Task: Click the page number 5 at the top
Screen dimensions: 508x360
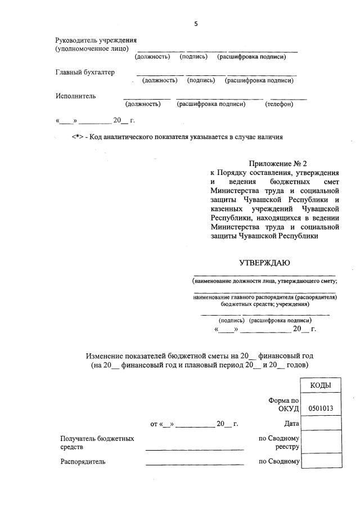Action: tap(196, 24)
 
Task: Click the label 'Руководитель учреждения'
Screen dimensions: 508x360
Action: tap(96, 41)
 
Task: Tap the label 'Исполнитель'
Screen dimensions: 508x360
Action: tap(75, 96)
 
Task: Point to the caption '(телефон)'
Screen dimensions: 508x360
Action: tap(279, 104)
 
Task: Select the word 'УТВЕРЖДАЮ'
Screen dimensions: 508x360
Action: tap(264, 263)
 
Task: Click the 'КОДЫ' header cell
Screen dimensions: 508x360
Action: tap(321, 385)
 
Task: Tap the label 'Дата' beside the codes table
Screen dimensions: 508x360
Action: tap(291, 424)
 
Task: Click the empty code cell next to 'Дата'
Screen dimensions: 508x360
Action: tap(321, 423)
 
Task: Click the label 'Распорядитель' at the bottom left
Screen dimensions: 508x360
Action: tap(83, 462)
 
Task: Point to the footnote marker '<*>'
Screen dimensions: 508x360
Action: tap(78, 137)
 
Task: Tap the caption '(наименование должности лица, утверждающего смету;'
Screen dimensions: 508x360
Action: tap(264, 280)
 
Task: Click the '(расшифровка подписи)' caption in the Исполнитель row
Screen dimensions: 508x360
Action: tap(211, 104)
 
